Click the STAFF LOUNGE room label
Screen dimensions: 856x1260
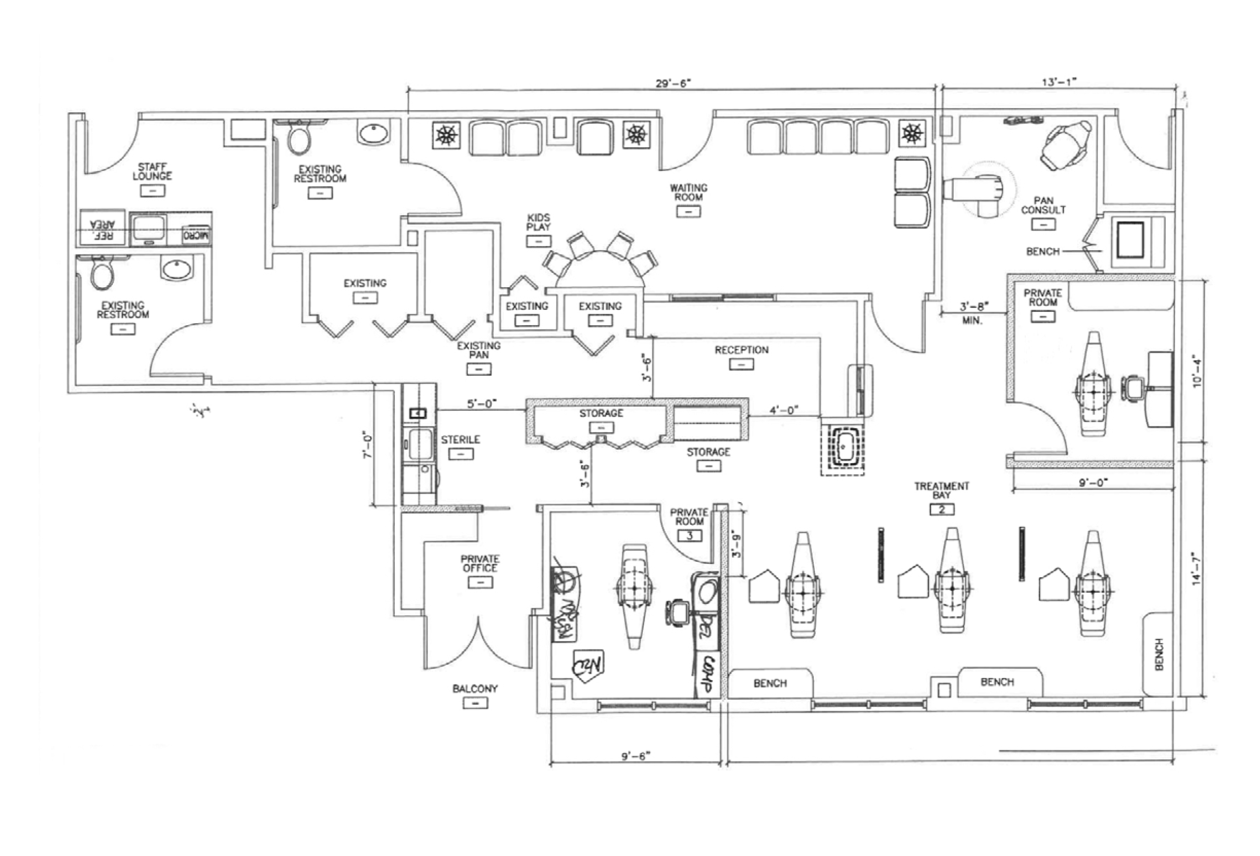point(152,172)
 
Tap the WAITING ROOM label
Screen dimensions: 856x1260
point(689,193)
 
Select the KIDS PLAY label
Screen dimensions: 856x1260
point(539,222)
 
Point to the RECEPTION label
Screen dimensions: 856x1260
point(741,350)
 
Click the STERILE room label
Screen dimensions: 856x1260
point(461,440)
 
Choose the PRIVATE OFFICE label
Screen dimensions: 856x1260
point(480,563)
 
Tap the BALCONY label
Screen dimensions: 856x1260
point(475,689)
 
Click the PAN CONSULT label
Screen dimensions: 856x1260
point(1043,206)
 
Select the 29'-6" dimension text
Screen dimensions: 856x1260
point(673,84)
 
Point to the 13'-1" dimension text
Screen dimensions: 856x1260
point(1059,83)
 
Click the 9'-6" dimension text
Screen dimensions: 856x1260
point(635,756)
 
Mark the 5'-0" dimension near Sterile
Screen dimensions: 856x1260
point(482,404)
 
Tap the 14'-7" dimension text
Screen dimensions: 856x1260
point(1198,569)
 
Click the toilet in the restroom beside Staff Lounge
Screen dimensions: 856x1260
point(297,138)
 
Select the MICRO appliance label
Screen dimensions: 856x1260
point(196,235)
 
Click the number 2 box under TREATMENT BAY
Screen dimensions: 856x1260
point(942,510)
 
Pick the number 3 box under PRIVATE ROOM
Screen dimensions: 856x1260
point(690,536)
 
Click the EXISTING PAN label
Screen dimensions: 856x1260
point(478,350)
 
